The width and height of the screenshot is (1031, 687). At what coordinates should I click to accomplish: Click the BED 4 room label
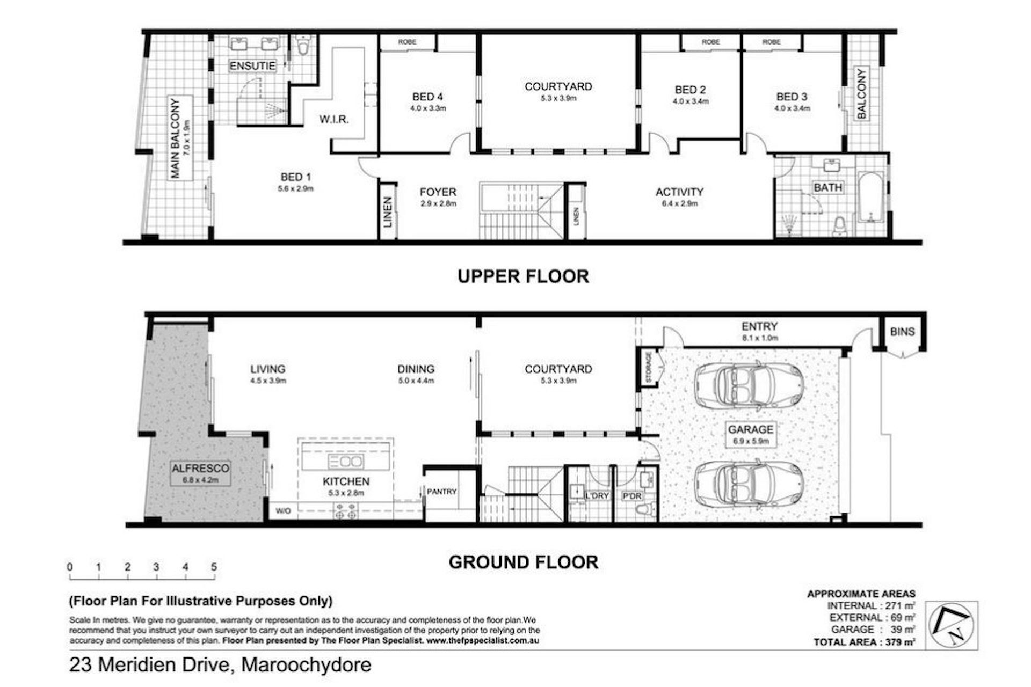click(x=427, y=97)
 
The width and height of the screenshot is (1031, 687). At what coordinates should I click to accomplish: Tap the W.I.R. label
click(x=334, y=119)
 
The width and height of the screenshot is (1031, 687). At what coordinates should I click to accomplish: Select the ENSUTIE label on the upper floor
click(x=252, y=66)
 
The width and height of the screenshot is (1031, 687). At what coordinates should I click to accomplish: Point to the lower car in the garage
click(x=749, y=483)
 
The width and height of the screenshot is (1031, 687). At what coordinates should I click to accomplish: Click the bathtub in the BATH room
click(x=870, y=197)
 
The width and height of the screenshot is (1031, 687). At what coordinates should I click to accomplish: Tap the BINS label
click(x=902, y=331)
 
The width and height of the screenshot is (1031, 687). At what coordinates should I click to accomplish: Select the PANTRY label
click(x=441, y=491)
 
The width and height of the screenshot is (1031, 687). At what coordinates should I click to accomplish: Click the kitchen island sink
click(x=346, y=461)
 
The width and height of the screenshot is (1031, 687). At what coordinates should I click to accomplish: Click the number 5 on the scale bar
click(x=214, y=567)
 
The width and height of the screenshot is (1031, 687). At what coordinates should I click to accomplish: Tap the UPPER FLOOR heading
click(x=523, y=276)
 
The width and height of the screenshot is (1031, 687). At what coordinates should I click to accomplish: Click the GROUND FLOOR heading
click(x=523, y=562)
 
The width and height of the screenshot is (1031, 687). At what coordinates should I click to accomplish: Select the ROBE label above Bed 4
click(x=407, y=42)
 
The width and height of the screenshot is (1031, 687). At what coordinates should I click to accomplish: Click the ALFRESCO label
click(x=200, y=468)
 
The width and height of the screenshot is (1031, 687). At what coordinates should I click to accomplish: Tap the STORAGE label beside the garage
click(x=649, y=368)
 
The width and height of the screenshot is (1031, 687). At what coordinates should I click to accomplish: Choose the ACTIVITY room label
click(x=679, y=192)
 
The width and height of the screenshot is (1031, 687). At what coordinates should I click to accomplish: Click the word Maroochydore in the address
click(x=306, y=665)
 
